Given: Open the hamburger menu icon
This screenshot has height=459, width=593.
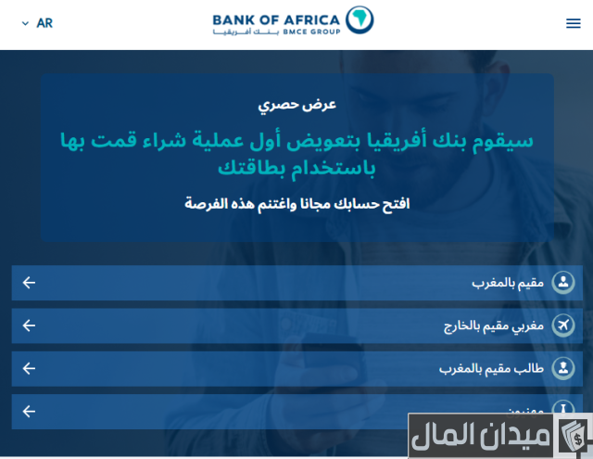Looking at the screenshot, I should tap(573, 23).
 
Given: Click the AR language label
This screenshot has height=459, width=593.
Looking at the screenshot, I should tap(44, 23).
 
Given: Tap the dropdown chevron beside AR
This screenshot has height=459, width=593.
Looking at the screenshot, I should tap(25, 23).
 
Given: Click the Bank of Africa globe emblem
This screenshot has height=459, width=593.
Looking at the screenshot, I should tap(359, 19).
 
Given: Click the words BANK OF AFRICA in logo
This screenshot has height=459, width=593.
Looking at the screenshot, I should tap(276, 18).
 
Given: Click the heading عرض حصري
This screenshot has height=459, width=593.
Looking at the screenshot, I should tap(296, 104).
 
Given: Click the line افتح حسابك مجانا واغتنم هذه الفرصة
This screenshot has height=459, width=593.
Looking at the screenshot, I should tap(296, 203).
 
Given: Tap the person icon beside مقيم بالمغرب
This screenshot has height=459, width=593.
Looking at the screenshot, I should tap(562, 282).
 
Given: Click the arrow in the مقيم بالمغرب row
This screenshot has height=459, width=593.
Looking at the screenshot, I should tap(29, 283).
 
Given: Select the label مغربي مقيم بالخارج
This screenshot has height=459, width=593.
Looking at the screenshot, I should tap(493, 325).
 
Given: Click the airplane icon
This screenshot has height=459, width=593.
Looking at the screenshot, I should tap(562, 325).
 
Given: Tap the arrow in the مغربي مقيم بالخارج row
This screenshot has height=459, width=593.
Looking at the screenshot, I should tap(29, 325).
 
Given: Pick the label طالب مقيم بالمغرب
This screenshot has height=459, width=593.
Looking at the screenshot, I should tap(491, 368).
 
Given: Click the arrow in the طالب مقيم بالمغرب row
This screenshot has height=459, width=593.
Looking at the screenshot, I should tap(29, 368).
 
